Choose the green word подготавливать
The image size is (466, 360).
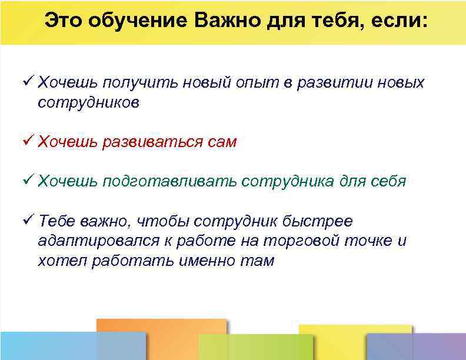[170, 181]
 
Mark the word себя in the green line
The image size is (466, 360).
[388, 181]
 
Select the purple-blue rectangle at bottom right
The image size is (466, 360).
[415, 347]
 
